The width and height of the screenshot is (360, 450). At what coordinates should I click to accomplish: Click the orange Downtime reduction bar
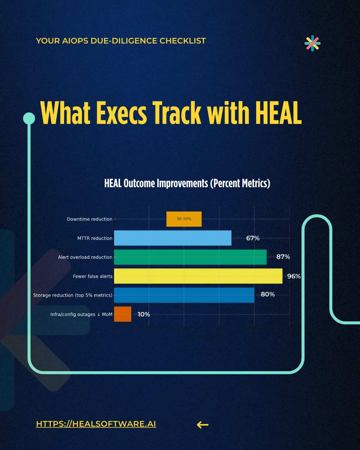pyautogui.click(x=184, y=219)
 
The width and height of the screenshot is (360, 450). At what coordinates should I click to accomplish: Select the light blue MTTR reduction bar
pyautogui.click(x=172, y=238)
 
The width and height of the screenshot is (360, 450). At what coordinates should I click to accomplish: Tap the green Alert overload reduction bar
pyautogui.click(x=190, y=257)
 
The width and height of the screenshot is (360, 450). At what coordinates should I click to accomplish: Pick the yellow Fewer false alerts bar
pyautogui.click(x=198, y=276)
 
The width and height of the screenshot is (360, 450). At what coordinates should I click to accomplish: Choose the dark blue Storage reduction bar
pyautogui.click(x=184, y=295)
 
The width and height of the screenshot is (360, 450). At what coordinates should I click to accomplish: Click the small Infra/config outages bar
pyautogui.click(x=122, y=314)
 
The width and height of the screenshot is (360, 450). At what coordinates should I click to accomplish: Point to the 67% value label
pyautogui.click(x=253, y=238)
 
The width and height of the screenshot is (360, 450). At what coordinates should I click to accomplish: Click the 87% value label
pyautogui.click(x=283, y=257)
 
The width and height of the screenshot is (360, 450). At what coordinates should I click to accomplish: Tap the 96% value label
pyautogui.click(x=294, y=276)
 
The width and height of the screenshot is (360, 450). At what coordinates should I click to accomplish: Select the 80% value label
pyautogui.click(x=268, y=294)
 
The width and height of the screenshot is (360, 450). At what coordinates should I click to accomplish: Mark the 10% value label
pyautogui.click(x=144, y=314)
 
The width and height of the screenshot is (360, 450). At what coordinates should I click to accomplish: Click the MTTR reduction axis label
pyautogui.click(x=95, y=238)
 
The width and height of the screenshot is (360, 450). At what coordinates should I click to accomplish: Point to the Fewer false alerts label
pyautogui.click(x=92, y=276)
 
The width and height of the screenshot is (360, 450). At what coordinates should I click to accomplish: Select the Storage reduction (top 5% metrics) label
pyautogui.click(x=73, y=295)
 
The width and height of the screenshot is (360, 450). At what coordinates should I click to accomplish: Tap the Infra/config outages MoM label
pyautogui.click(x=81, y=314)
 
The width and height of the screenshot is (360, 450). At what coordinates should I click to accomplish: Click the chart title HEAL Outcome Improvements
pyautogui.click(x=187, y=183)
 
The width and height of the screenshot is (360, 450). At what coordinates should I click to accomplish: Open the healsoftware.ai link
pyautogui.click(x=96, y=424)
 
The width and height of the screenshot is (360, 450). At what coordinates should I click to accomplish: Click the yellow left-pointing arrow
pyautogui.click(x=202, y=424)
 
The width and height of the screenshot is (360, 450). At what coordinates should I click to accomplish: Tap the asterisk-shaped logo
pyautogui.click(x=312, y=43)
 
